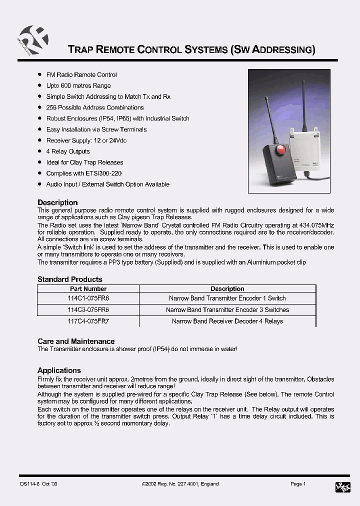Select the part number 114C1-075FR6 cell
(x=88, y=298)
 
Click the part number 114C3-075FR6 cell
(x=88, y=309)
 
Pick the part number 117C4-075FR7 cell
(x=88, y=321)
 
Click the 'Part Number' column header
(x=88, y=289)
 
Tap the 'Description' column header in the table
(x=227, y=289)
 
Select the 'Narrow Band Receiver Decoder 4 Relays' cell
(x=227, y=321)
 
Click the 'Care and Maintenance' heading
(x=76, y=341)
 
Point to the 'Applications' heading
(x=59, y=370)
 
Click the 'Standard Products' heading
(x=70, y=279)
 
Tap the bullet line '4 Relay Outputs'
(x=68, y=151)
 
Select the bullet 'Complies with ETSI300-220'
(x=84, y=173)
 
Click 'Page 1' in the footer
(x=298, y=484)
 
